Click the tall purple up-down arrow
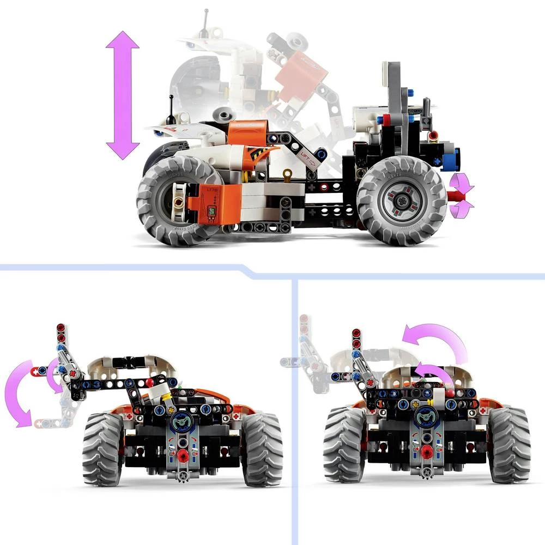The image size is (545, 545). tap(123, 95)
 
